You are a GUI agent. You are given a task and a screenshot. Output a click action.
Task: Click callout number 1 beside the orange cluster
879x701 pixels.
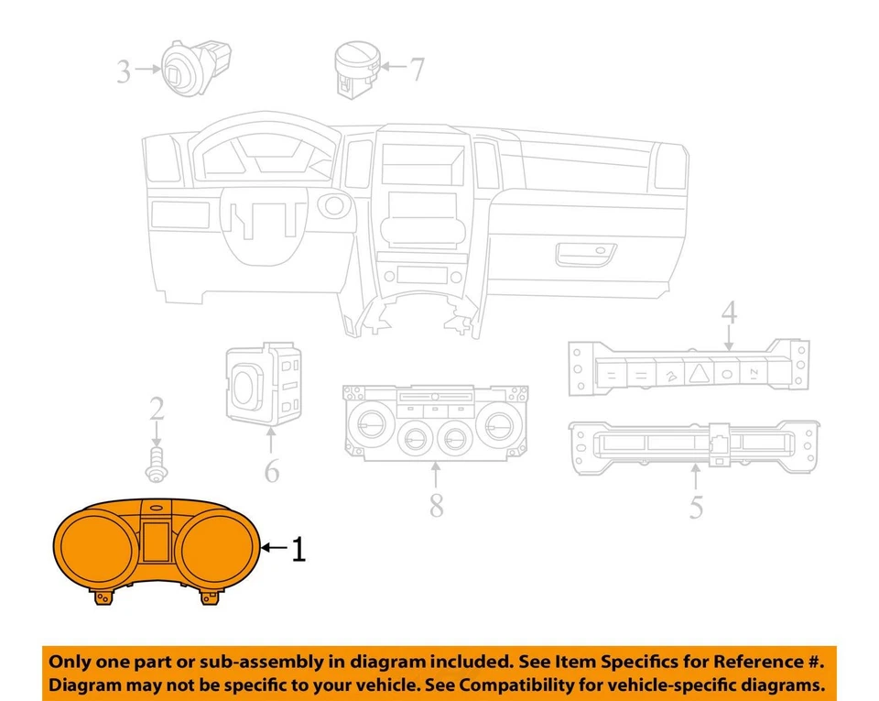tap(298, 549)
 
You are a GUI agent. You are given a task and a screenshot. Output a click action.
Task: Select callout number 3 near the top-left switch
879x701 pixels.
tap(124, 71)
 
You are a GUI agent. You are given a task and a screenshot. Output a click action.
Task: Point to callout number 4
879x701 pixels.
tap(728, 312)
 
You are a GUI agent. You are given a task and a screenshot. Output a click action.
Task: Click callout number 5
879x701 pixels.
tap(696, 505)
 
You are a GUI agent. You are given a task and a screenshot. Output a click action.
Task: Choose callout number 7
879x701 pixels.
tap(417, 69)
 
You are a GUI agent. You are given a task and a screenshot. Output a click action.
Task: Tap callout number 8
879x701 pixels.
tap(437, 503)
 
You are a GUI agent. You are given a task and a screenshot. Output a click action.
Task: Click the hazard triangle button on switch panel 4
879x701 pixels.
tap(699, 373)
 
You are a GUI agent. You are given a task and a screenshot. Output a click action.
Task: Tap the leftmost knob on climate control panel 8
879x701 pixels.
tap(372, 425)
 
